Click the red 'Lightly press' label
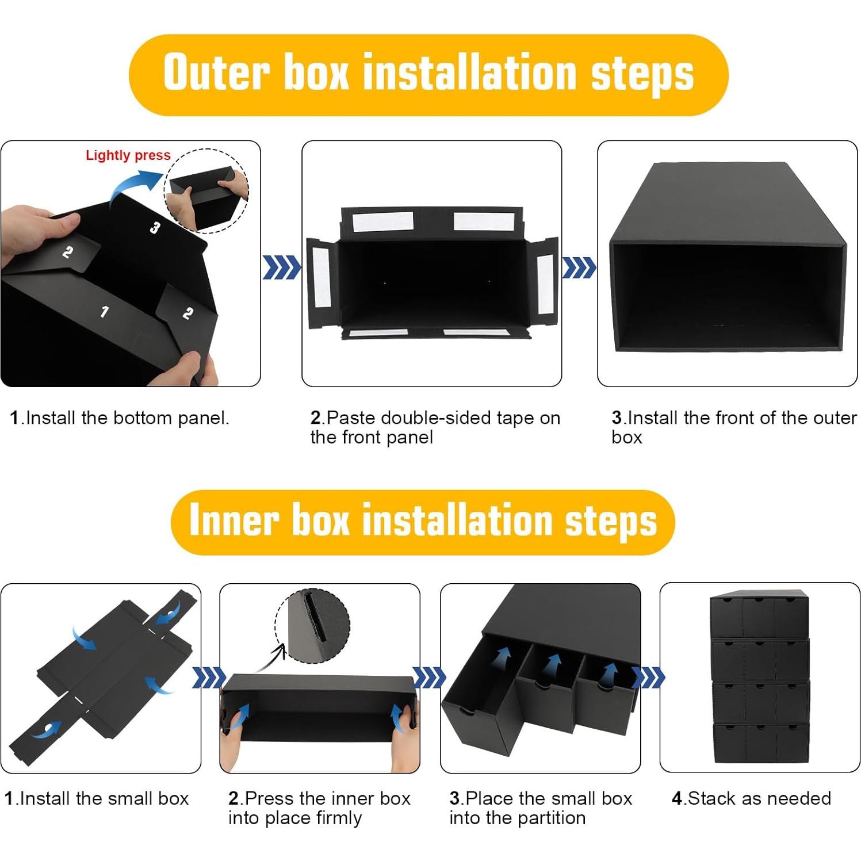(128, 155)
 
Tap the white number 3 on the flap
(155, 228)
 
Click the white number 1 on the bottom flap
(104, 312)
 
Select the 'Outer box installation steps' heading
(428, 74)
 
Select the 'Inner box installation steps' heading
(423, 521)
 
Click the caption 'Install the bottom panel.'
(120, 418)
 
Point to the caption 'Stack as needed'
(751, 798)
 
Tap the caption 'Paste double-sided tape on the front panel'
(435, 427)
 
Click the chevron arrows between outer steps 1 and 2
(281, 267)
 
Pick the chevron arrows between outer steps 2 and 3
(579, 267)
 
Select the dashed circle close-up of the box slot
(313, 626)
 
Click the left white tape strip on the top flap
(382, 221)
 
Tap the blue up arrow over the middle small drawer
(553, 667)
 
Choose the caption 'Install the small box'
(97, 798)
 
